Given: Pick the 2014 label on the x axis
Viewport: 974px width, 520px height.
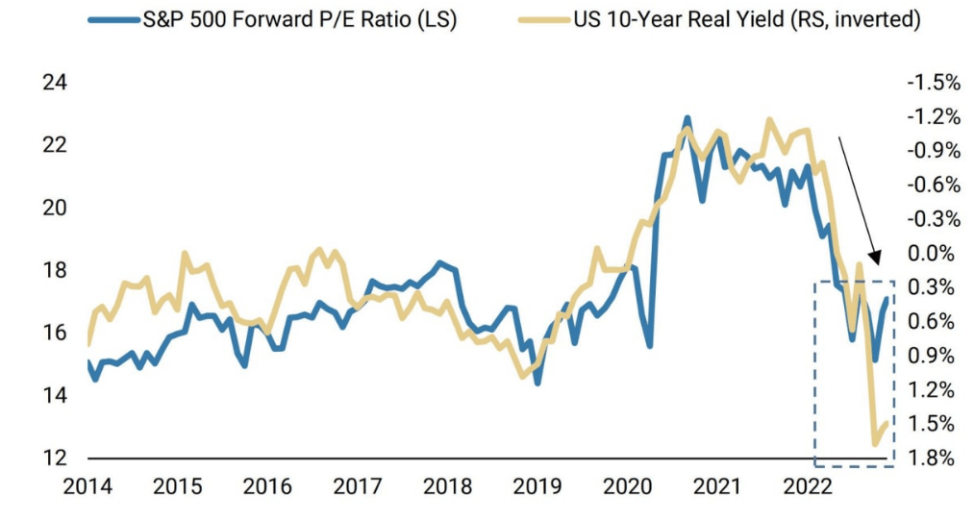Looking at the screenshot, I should (x=87, y=486).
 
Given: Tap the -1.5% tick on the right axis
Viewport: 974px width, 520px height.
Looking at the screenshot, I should (x=933, y=82).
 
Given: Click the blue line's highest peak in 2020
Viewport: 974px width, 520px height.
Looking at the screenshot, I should (x=687, y=118).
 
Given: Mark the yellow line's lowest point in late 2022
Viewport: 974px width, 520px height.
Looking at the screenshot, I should (x=875, y=444).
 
